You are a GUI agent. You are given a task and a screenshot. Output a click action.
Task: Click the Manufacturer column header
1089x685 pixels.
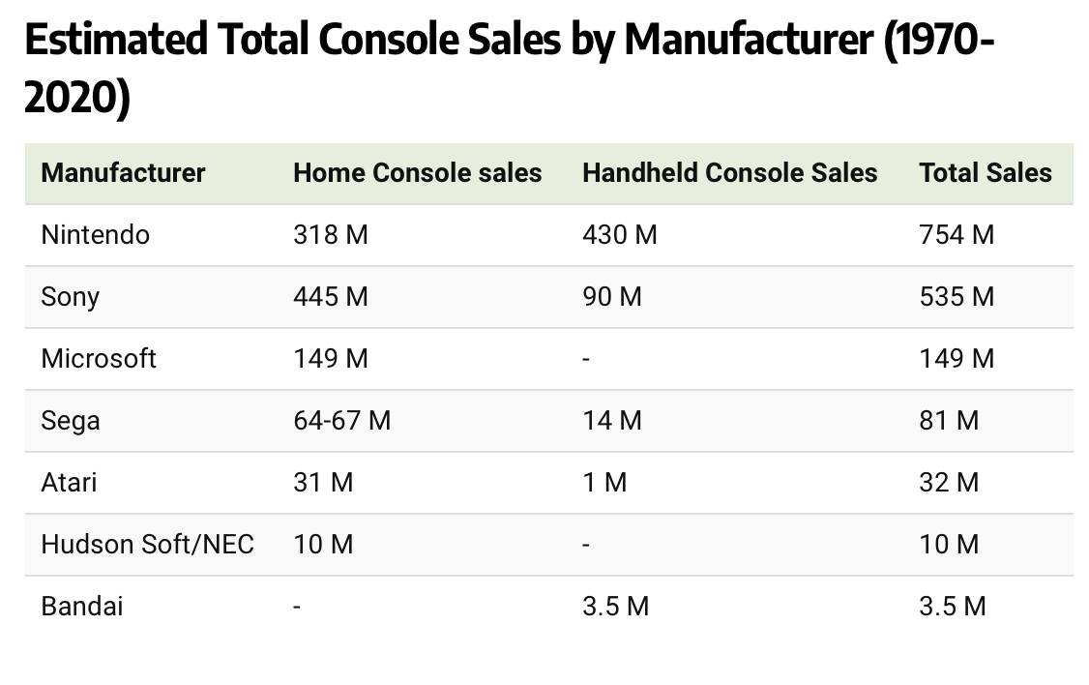point(123,173)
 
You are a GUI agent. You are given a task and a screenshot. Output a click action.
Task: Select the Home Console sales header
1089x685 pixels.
point(417,173)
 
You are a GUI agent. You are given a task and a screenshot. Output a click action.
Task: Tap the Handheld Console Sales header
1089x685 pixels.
point(729,173)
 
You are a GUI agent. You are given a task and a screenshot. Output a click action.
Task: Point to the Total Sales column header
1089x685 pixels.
point(985,173)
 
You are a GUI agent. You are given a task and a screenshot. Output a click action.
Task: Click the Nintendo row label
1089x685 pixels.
point(95,235)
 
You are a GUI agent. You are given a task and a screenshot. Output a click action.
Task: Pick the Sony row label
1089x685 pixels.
point(70,297)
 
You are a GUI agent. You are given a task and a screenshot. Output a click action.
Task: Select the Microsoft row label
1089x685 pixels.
point(98,359)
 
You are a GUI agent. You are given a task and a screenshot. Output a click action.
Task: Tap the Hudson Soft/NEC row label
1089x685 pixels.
point(147,545)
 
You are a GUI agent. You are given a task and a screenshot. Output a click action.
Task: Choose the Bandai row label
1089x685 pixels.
point(81,607)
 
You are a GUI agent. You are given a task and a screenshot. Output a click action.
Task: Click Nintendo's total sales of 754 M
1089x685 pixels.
point(956,235)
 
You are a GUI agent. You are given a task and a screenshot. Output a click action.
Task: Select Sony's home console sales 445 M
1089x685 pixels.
point(330,297)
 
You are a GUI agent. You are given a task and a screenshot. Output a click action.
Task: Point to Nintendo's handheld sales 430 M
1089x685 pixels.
point(619,235)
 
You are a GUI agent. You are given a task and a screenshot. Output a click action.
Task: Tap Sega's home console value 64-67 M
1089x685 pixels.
point(341,421)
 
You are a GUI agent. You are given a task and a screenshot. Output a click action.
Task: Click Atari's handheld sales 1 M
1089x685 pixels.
point(603,483)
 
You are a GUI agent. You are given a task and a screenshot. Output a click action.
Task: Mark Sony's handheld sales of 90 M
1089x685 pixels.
point(611,297)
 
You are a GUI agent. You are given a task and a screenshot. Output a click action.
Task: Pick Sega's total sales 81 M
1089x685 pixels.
point(948,421)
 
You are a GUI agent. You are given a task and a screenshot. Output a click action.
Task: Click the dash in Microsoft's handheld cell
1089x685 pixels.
point(586,360)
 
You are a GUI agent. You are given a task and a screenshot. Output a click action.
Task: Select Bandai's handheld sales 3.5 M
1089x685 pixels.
point(615,607)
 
